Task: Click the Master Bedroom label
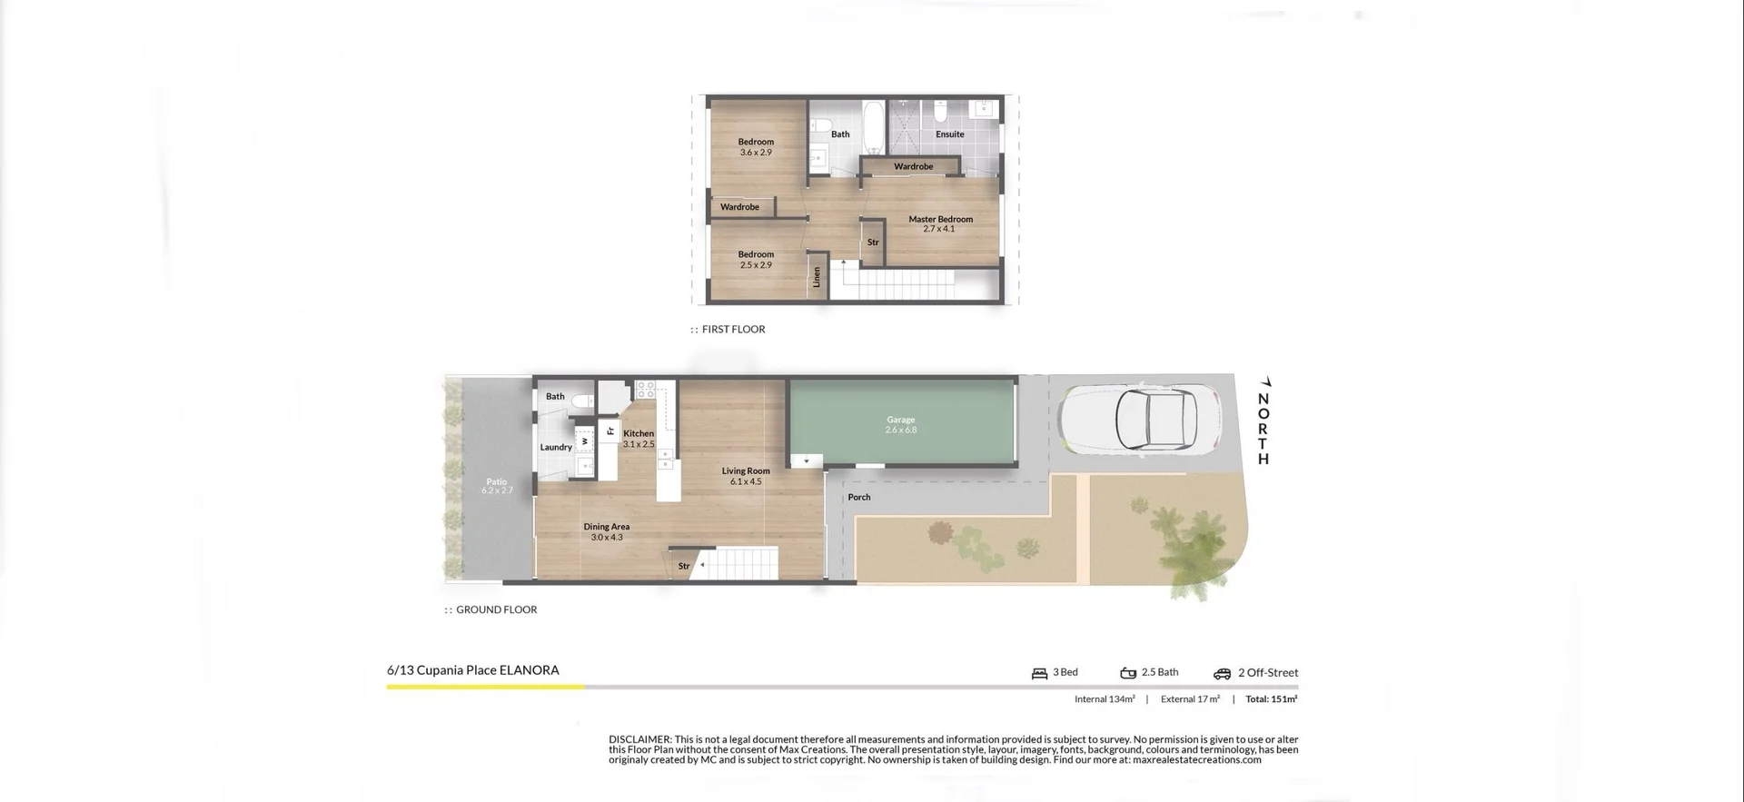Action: click(940, 219)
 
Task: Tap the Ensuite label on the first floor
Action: click(949, 134)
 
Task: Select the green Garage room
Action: click(900, 423)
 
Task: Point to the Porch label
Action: click(858, 497)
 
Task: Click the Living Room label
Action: click(746, 471)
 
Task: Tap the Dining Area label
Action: click(606, 527)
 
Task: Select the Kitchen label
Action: click(638, 434)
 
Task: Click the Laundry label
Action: click(556, 447)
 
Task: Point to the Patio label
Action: click(496, 482)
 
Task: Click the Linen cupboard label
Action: click(817, 277)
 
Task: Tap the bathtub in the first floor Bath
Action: click(873, 128)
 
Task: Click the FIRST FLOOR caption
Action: click(733, 330)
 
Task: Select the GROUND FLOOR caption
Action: click(496, 610)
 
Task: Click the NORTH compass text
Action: click(1263, 428)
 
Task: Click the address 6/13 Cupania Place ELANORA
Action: click(472, 670)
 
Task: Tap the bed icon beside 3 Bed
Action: click(1039, 673)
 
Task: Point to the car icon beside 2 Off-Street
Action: click(1222, 673)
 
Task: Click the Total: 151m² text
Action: click(1271, 699)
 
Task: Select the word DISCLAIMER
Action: click(639, 739)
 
